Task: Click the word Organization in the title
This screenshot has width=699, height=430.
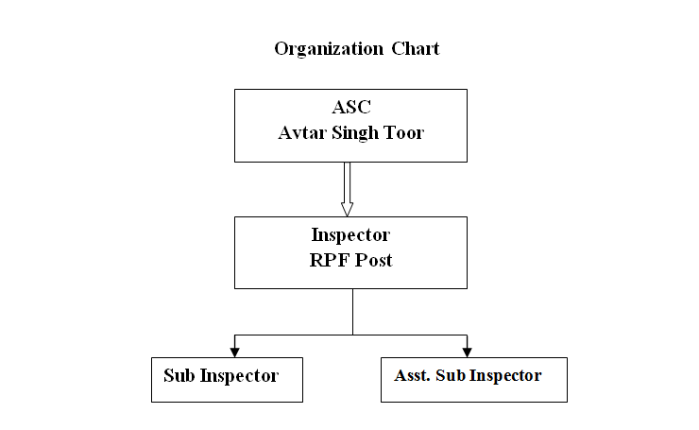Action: pyautogui.click(x=329, y=49)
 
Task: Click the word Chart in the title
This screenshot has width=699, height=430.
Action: pyautogui.click(x=416, y=48)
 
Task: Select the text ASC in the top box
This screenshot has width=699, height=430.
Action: pyautogui.click(x=351, y=107)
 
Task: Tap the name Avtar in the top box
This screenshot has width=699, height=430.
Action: pyautogui.click(x=302, y=133)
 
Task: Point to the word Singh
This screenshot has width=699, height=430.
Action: pyautogui.click(x=355, y=133)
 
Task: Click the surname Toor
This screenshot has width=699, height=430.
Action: pyautogui.click(x=404, y=133)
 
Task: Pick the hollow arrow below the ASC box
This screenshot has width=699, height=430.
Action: pyautogui.click(x=348, y=189)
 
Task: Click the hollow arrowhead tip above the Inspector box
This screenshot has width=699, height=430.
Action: pyautogui.click(x=348, y=216)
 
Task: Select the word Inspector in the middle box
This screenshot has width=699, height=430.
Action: pyautogui.click(x=350, y=235)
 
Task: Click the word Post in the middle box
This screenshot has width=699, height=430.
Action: pyautogui.click(x=373, y=261)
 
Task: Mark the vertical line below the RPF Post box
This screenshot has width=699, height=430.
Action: pyautogui.click(x=352, y=311)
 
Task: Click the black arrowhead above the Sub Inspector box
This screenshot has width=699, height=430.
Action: pyautogui.click(x=235, y=353)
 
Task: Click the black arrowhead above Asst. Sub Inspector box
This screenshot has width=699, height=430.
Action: pyautogui.click(x=468, y=353)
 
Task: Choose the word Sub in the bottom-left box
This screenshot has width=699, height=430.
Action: pyautogui.click(x=179, y=375)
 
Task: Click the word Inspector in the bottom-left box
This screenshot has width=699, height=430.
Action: pyautogui.click(x=239, y=376)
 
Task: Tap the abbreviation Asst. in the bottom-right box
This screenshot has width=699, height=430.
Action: pyautogui.click(x=413, y=375)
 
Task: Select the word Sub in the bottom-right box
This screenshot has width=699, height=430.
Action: pyautogui.click(x=451, y=375)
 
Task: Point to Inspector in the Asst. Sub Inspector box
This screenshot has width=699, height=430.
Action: pyautogui.click(x=505, y=376)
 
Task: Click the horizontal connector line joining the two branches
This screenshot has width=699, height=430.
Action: pyautogui.click(x=350, y=335)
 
